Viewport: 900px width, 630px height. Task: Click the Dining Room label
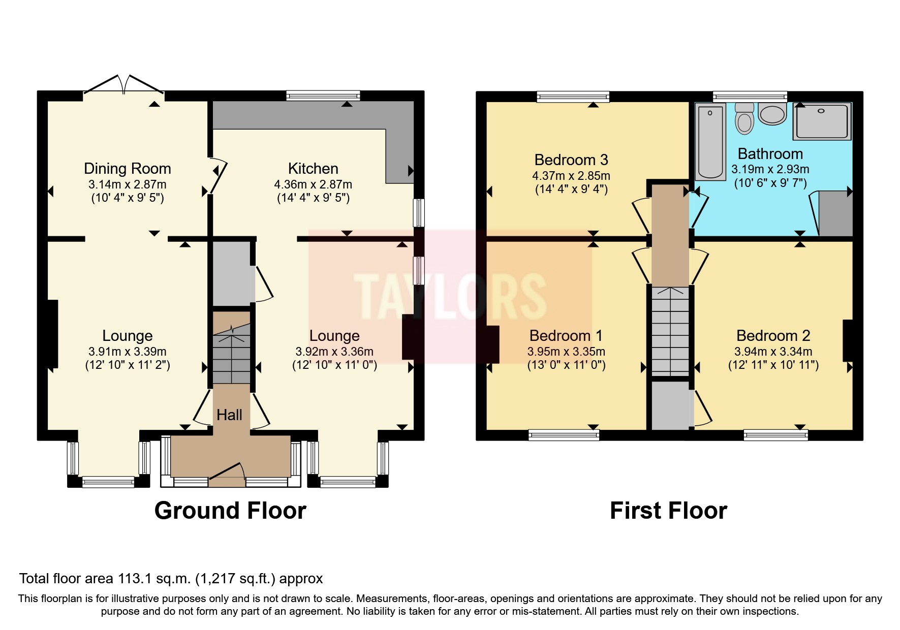(127, 169)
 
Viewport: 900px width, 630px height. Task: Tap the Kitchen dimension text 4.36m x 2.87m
(313, 184)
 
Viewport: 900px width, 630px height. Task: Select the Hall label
(229, 415)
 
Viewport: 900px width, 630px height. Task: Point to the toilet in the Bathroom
(744, 119)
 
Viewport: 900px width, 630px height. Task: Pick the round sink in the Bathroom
(772, 114)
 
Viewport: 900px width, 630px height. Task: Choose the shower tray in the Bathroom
(822, 121)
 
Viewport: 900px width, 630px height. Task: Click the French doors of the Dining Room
(123, 85)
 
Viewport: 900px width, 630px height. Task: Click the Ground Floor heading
(230, 511)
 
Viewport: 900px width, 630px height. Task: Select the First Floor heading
(668, 511)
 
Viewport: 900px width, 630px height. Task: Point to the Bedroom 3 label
(571, 160)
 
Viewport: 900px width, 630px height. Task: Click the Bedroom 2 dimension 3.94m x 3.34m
(773, 352)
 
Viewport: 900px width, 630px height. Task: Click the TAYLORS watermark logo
(450, 296)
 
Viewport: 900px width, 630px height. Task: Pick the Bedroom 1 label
(566, 336)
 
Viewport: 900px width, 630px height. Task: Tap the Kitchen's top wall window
(323, 95)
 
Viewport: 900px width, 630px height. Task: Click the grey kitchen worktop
(305, 115)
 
